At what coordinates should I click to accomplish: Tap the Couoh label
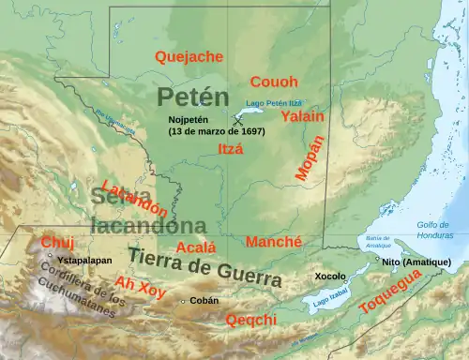click(274, 82)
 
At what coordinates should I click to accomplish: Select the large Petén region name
click(192, 96)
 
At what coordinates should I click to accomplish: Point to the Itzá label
click(230, 148)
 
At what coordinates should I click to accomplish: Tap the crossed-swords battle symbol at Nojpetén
click(239, 119)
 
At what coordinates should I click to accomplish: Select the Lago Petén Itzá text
click(273, 102)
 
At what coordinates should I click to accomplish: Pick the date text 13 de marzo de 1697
click(217, 132)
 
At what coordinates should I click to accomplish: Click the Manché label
click(273, 242)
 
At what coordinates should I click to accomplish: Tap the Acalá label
click(196, 247)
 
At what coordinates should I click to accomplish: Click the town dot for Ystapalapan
click(50, 256)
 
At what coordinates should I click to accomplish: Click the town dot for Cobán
click(182, 301)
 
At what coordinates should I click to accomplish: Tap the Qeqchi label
click(251, 320)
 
